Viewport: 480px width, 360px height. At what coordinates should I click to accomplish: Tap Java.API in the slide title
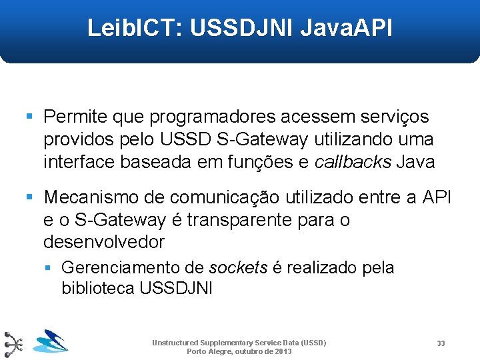(x=347, y=29)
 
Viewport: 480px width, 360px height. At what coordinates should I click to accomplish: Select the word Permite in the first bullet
(x=75, y=117)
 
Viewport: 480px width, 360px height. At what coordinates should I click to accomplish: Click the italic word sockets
(x=238, y=268)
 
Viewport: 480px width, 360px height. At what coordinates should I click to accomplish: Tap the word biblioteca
(x=98, y=289)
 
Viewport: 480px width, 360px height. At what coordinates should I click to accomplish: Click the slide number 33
(x=441, y=343)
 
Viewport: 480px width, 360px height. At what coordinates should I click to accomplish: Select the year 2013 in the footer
(x=283, y=351)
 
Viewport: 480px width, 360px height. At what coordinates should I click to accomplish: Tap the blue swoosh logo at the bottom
(x=51, y=341)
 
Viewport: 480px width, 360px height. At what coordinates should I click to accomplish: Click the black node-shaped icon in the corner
(x=13, y=344)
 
